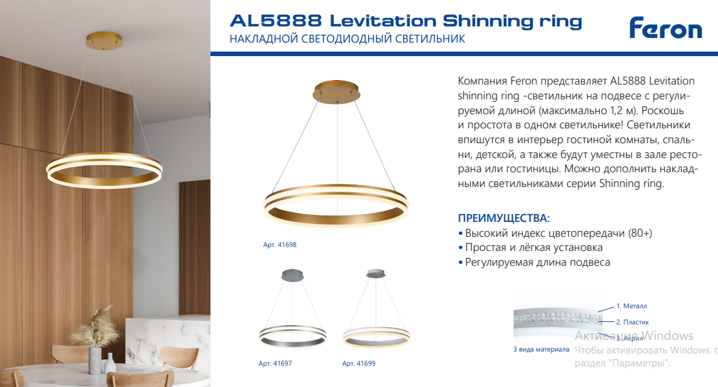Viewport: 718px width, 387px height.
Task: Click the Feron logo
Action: [x=665, y=28]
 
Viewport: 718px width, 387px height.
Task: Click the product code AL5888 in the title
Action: [x=276, y=21]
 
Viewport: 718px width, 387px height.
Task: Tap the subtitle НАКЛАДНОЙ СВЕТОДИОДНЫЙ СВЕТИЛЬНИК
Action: [x=347, y=39]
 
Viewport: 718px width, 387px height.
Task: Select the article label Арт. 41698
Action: [x=280, y=244]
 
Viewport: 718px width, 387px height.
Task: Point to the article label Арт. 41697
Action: [x=275, y=363]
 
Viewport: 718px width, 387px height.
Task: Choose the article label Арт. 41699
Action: [x=358, y=363]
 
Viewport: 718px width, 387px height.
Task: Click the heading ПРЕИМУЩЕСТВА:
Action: [x=504, y=218]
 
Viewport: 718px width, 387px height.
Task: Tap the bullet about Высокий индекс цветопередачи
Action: [x=555, y=233]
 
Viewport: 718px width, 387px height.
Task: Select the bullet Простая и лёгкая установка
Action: [x=530, y=248]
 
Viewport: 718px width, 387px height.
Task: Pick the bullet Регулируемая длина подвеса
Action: [x=534, y=262]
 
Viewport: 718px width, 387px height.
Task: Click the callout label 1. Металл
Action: [x=631, y=306]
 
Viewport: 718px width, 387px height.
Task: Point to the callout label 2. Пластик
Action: [x=632, y=322]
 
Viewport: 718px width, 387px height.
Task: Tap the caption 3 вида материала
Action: [x=541, y=350]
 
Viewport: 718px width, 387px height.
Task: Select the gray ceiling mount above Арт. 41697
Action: [x=292, y=275]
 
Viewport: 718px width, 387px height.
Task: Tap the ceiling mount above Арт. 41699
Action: [x=376, y=273]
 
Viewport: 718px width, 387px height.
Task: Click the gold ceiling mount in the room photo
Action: [x=104, y=39]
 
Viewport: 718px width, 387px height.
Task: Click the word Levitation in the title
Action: [x=383, y=21]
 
